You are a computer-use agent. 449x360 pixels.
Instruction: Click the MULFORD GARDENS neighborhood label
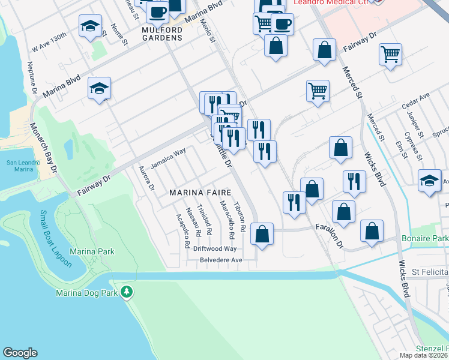click(x=162, y=38)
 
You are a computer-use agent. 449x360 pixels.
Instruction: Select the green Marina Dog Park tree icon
click(x=126, y=292)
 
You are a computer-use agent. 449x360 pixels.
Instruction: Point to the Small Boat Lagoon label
click(x=56, y=239)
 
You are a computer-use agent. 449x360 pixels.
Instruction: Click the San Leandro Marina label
click(x=23, y=166)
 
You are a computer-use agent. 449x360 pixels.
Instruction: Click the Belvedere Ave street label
click(x=221, y=260)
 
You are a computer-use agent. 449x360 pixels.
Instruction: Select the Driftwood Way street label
click(x=214, y=248)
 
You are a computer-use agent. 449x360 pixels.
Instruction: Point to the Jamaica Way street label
click(x=168, y=160)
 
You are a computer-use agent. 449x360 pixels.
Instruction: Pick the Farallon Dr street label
click(x=330, y=236)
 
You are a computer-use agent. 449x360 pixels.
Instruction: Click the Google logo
click(x=20, y=353)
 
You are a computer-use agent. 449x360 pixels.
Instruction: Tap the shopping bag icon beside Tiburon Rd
click(x=262, y=234)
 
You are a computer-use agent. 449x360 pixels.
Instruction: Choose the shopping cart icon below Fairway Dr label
click(x=390, y=55)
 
